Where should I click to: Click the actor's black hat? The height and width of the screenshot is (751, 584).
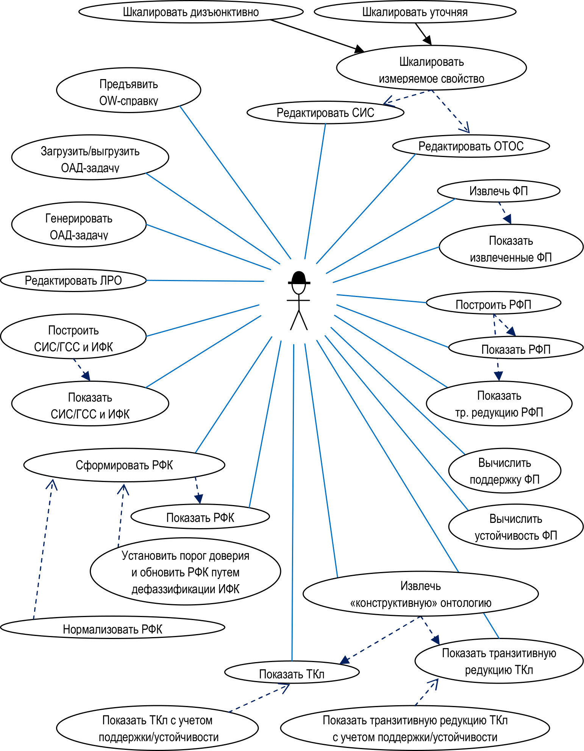(299, 278)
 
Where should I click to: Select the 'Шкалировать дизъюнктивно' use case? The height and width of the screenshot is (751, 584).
(191, 12)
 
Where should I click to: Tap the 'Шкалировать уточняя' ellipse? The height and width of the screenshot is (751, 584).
(415, 12)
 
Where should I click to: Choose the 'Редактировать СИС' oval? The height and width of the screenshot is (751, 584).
(325, 112)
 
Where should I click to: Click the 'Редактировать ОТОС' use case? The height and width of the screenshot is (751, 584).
(471, 146)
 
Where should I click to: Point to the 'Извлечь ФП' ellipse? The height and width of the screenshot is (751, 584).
(498, 191)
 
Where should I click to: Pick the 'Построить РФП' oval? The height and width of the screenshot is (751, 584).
(493, 304)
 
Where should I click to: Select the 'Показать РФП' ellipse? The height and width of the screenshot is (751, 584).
(515, 349)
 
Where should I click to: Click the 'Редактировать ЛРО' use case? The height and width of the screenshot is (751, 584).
(73, 280)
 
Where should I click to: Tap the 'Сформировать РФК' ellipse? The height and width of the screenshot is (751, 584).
(124, 465)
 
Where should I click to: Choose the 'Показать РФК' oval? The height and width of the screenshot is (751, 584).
(200, 517)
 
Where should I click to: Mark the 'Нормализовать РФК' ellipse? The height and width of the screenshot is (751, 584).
(112, 629)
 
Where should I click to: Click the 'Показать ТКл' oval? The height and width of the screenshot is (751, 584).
(292, 673)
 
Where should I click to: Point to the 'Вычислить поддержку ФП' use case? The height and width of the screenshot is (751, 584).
(504, 471)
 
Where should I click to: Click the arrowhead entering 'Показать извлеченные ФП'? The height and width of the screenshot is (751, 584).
(507, 219)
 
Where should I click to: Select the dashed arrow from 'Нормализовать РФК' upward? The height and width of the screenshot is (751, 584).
(43, 549)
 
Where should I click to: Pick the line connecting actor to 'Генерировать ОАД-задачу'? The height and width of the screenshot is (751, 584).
(208, 247)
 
